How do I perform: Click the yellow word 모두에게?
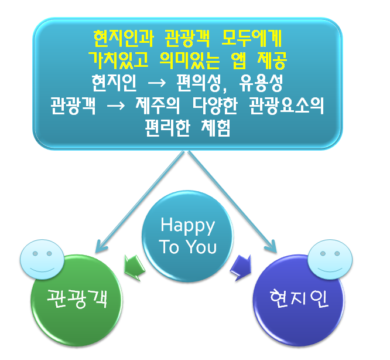tap(251, 39)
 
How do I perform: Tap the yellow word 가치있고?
tap(119, 60)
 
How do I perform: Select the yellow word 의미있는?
tap(190, 60)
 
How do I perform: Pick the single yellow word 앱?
tap(239, 60)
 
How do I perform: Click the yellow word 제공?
tap(272, 60)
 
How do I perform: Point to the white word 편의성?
tap(201, 83)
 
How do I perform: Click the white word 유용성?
tap(261, 83)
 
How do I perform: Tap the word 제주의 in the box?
tap(158, 106)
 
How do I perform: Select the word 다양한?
tap(215, 106)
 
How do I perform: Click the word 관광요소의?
tap(286, 106)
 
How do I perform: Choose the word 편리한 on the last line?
tap(167, 128)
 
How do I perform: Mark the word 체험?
tap(215, 128)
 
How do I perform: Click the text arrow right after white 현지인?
tap(157, 83)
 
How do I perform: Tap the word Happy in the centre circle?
tap(187, 226)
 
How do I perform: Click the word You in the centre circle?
tap(201, 247)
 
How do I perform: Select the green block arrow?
tap(135, 268)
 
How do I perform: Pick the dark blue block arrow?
tap(241, 268)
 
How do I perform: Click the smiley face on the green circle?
tap(42, 259)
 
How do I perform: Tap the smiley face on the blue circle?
tap(330, 259)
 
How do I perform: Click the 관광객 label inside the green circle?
tap(77, 298)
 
